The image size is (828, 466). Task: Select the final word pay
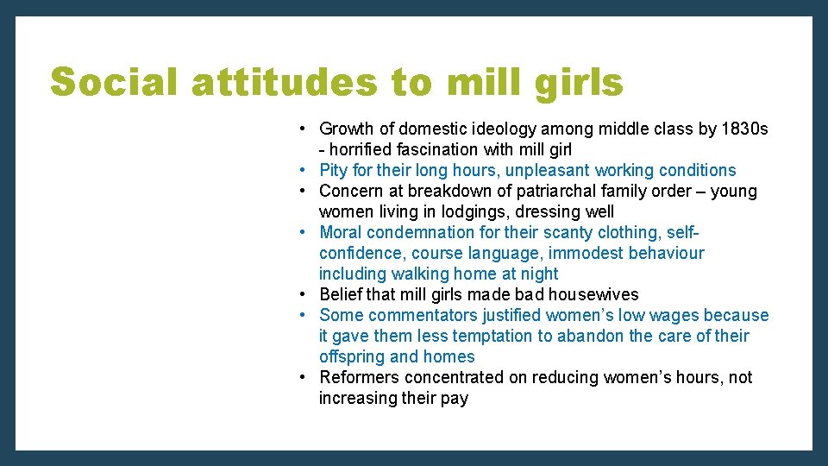pos(454,399)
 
